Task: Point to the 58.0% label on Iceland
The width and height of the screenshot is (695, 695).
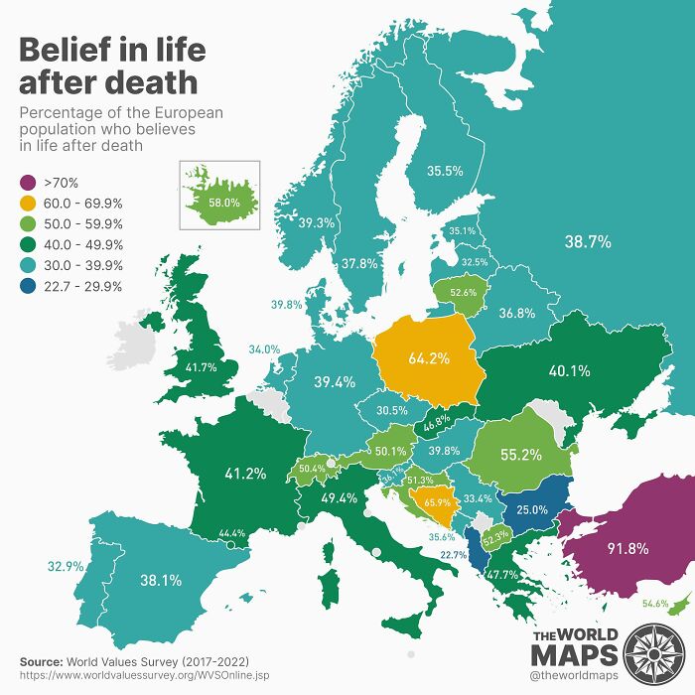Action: coord(225,203)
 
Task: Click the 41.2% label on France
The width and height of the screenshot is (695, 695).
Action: coord(244,474)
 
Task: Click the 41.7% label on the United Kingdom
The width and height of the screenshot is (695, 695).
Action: coord(202,367)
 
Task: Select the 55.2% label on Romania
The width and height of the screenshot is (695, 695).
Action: coord(520,456)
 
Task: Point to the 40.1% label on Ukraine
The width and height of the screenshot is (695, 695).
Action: coord(569,371)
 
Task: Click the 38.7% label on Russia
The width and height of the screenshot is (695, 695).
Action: coord(588,241)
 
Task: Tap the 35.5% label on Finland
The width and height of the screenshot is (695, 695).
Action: coord(445,171)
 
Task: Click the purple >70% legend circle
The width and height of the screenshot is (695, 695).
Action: coord(29,183)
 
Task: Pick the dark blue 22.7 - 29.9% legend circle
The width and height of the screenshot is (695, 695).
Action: coord(29,286)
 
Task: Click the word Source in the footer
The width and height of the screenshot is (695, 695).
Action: coord(40,660)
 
